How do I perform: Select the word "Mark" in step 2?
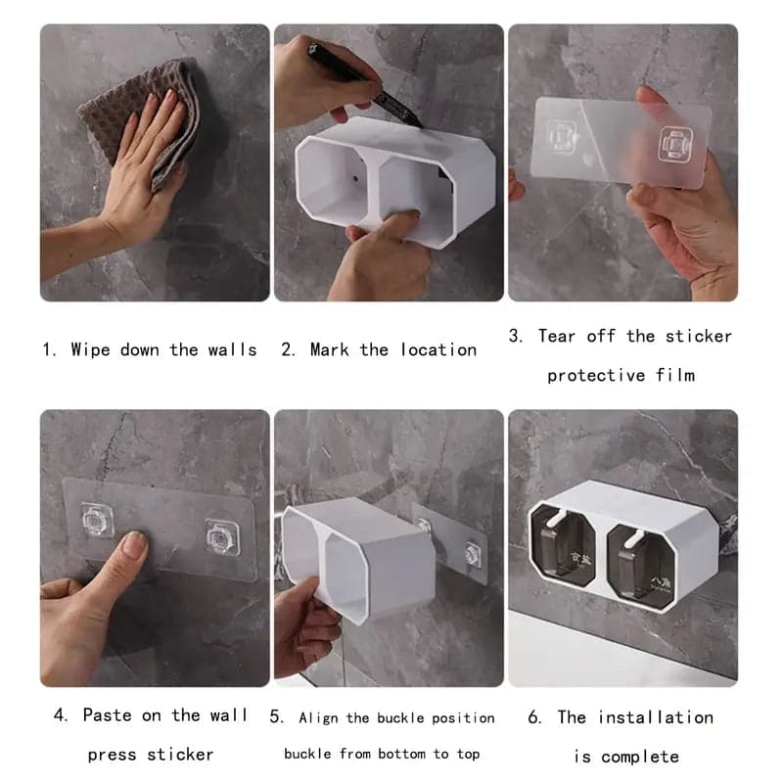[x=331, y=349]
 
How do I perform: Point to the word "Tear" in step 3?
[x=557, y=336]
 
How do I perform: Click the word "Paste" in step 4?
[x=107, y=715]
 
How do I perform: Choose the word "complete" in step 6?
[x=640, y=757]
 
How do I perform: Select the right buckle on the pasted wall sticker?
[x=222, y=536]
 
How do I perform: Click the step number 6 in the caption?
[x=534, y=717]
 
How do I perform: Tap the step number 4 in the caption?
[x=60, y=715]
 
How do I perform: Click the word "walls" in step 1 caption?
[x=231, y=349]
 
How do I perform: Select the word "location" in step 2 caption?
[x=438, y=349]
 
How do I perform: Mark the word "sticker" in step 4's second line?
[x=180, y=755]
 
